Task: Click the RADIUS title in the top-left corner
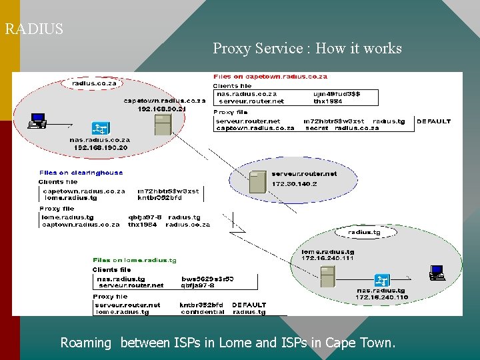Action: [34, 29]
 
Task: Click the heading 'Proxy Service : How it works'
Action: [307, 49]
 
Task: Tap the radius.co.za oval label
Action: [90, 84]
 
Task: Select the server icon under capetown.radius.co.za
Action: [162, 125]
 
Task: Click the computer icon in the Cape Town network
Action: [37, 121]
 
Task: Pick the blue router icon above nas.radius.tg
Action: [382, 280]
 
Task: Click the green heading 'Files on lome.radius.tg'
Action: [134, 260]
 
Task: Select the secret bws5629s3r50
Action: [207, 279]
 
